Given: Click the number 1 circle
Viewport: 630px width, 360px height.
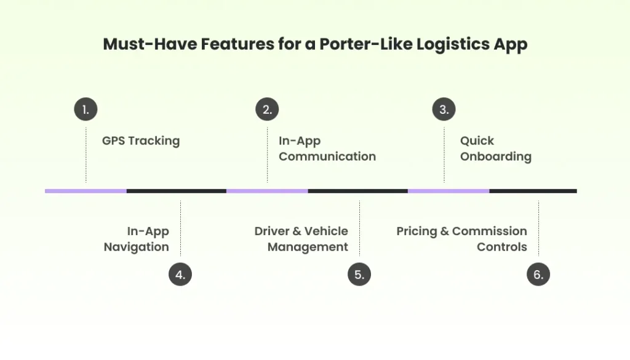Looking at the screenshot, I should [86, 110].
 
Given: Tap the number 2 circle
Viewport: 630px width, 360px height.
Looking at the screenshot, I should [267, 110].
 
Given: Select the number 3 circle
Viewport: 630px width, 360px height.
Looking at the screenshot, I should [444, 110].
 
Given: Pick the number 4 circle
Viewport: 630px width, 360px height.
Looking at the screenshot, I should [180, 274].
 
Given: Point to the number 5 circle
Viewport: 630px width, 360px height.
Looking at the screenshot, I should [359, 274].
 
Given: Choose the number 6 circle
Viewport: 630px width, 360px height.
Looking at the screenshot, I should [538, 274].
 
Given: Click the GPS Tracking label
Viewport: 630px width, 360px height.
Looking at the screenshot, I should [141, 141].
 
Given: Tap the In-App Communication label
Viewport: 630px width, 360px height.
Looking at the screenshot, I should [327, 148].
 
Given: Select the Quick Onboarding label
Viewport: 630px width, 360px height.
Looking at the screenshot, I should [495, 148].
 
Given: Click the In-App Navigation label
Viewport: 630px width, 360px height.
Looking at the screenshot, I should [136, 239].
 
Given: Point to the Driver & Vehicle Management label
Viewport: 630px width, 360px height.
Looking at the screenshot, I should [301, 239].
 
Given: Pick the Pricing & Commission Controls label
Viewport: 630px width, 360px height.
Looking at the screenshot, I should [461, 239].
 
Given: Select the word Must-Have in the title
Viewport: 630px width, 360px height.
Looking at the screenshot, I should [140, 45].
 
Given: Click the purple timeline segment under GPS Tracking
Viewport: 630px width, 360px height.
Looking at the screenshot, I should [86, 191].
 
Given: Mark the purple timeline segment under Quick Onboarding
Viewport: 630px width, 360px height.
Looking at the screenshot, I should [449, 191].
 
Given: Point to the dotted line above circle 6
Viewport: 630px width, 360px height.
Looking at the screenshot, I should [538, 228].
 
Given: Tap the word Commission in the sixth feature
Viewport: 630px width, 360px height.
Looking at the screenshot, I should [489, 231].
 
